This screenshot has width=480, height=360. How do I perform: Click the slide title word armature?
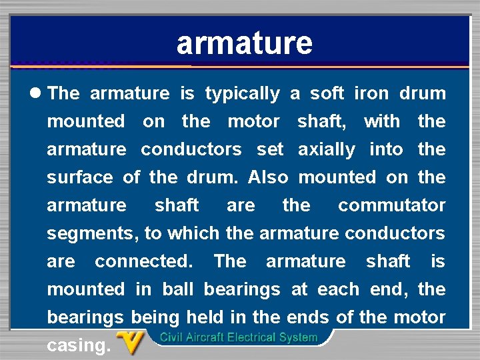244,43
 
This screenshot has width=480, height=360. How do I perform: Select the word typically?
242,94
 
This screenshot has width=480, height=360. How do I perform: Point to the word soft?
327,93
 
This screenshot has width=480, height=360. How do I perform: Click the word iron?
371,93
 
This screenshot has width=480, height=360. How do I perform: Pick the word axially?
327,150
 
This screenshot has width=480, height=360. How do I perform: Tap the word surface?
80,178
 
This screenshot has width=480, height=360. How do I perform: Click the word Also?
267,177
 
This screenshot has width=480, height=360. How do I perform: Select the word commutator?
391,205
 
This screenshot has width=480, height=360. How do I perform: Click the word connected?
143,261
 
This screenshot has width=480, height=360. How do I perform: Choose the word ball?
179,289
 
